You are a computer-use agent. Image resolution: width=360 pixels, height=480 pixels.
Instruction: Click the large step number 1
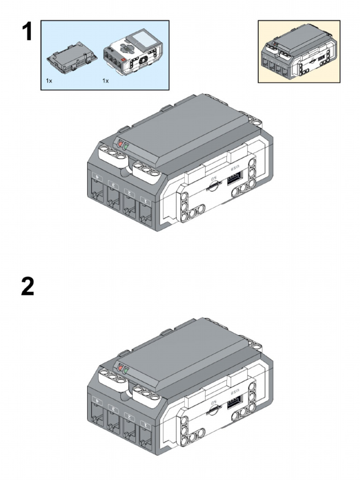click(x=27, y=32)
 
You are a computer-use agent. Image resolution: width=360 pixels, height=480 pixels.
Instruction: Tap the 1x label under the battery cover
click(x=49, y=81)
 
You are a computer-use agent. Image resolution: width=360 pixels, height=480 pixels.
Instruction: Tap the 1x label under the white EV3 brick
click(x=105, y=81)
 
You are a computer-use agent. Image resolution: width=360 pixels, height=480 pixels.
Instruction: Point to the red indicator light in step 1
click(x=120, y=144)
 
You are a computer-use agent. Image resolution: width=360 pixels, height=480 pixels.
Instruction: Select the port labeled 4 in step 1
click(x=98, y=192)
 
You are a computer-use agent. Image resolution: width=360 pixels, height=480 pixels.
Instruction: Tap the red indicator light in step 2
click(x=120, y=368)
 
